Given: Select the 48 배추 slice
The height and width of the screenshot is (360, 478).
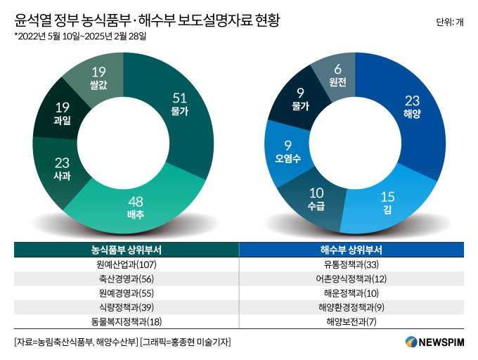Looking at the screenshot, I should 136,206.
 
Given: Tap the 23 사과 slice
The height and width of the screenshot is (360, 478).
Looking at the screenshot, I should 62,169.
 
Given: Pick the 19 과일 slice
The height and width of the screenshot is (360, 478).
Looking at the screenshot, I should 61,113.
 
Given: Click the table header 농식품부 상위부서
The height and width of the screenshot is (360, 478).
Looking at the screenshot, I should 126,250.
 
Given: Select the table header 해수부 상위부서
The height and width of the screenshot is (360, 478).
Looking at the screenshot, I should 351,250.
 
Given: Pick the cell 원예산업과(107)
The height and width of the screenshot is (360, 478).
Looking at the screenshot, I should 126,265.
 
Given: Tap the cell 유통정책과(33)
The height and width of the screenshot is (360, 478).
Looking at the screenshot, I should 351,265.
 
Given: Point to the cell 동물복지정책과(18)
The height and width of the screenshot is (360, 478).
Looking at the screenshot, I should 126,321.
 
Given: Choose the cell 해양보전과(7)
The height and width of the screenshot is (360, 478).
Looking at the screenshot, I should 351,321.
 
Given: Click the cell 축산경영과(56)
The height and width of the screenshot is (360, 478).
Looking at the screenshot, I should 126,279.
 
